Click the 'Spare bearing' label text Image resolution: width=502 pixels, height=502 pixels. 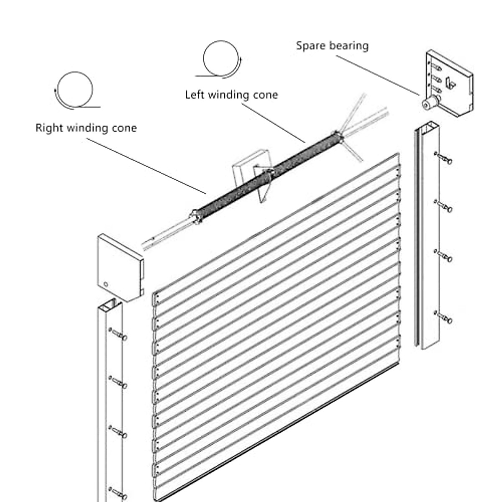(332, 46)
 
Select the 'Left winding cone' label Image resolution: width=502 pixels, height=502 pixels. (231, 95)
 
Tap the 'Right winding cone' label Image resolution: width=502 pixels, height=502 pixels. (86, 128)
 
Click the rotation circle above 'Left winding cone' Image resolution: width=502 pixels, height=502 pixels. (220, 58)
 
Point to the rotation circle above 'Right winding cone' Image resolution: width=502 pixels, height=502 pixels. (75, 90)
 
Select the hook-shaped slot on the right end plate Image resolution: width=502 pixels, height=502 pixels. (450, 82)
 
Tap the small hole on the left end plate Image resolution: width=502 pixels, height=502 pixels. (106, 284)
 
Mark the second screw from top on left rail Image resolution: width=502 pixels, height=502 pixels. (118, 382)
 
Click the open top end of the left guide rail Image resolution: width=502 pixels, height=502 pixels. (110, 305)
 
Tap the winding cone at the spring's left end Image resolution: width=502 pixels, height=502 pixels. (197, 216)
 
